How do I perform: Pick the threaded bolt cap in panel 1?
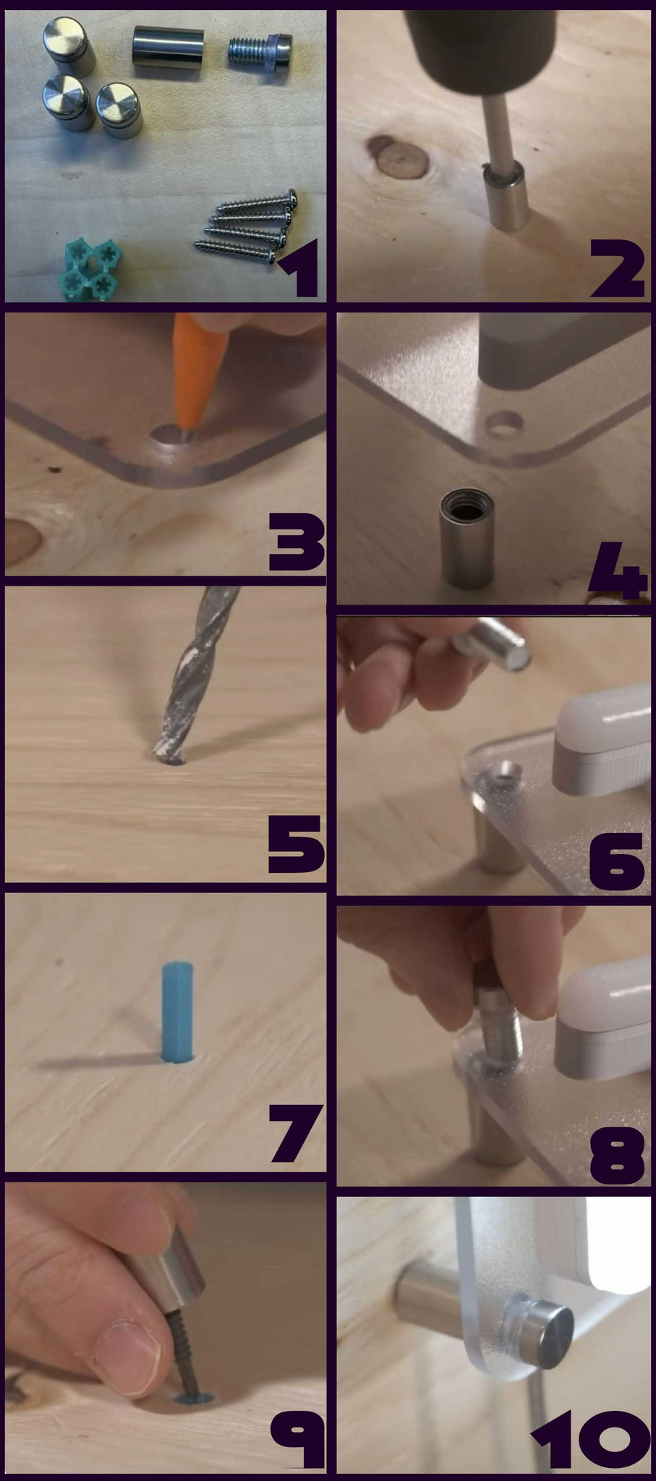coord(260,51)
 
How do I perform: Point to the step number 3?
coord(296,542)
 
